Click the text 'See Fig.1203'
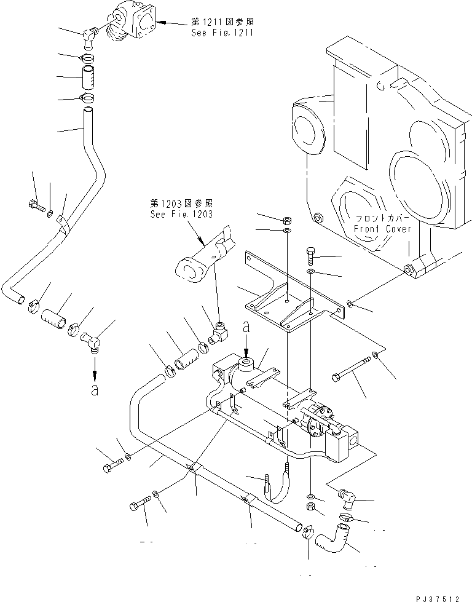click(181, 214)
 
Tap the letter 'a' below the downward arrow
click(94, 390)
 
